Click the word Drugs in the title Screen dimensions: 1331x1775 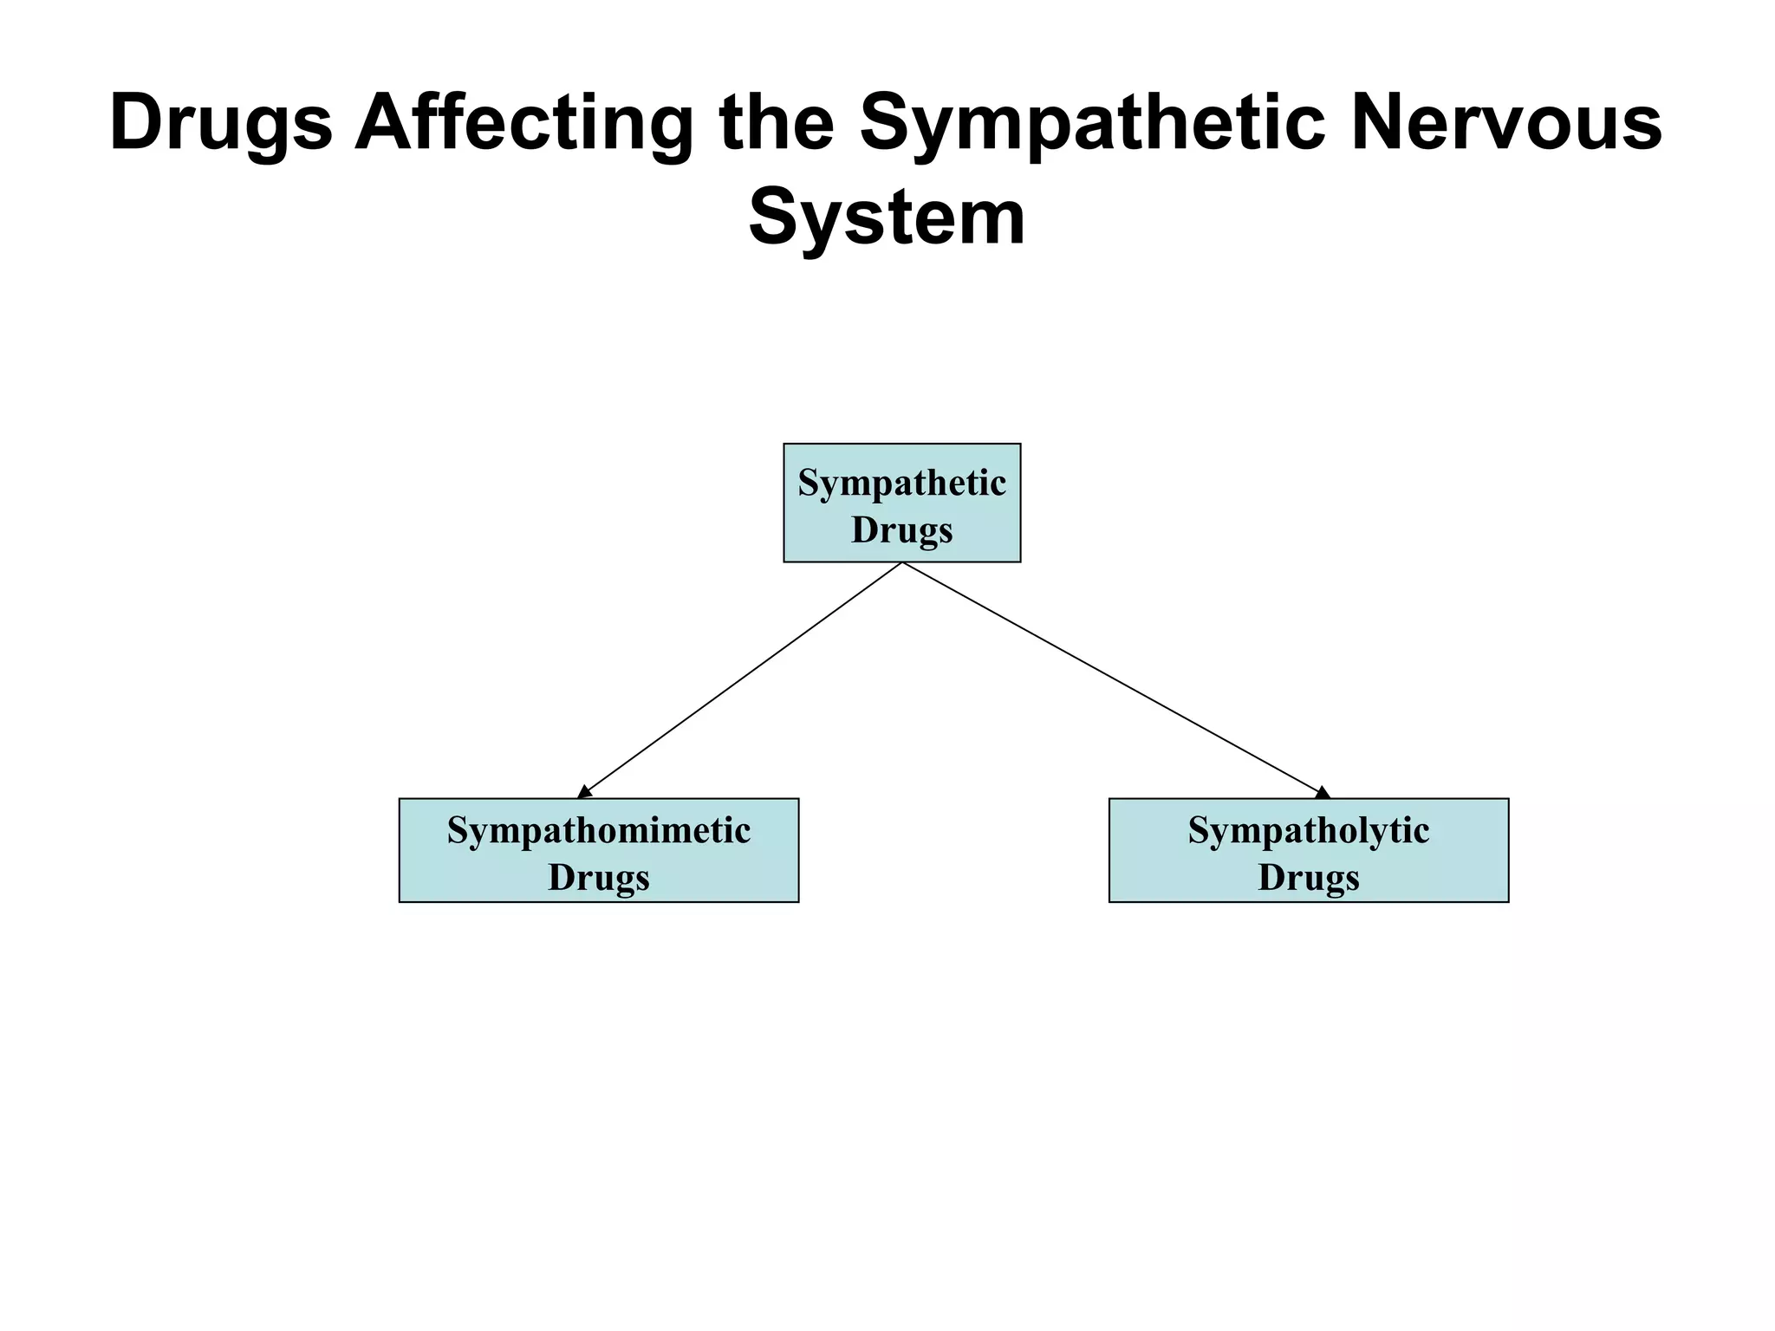tap(221, 124)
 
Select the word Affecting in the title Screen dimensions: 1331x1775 tap(523, 124)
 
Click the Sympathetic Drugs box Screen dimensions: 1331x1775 tap(901, 503)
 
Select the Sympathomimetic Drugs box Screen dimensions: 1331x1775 tap(598, 850)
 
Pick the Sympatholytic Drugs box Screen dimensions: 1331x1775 tap(1309, 850)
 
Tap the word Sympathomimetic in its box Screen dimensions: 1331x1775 tap(598, 830)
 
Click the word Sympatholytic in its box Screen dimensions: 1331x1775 tap(1309, 830)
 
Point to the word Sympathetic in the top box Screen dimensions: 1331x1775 tap(901, 483)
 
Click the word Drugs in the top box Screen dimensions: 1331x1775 tap(901, 529)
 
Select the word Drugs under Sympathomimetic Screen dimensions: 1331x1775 tap(598, 877)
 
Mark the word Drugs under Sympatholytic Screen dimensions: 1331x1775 tap(1309, 877)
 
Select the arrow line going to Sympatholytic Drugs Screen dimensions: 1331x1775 tap(1114, 678)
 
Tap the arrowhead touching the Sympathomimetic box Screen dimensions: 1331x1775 tap(585, 792)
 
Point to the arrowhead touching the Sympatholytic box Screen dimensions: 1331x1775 tap(1322, 792)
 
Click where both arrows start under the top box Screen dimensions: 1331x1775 tap(902, 564)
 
